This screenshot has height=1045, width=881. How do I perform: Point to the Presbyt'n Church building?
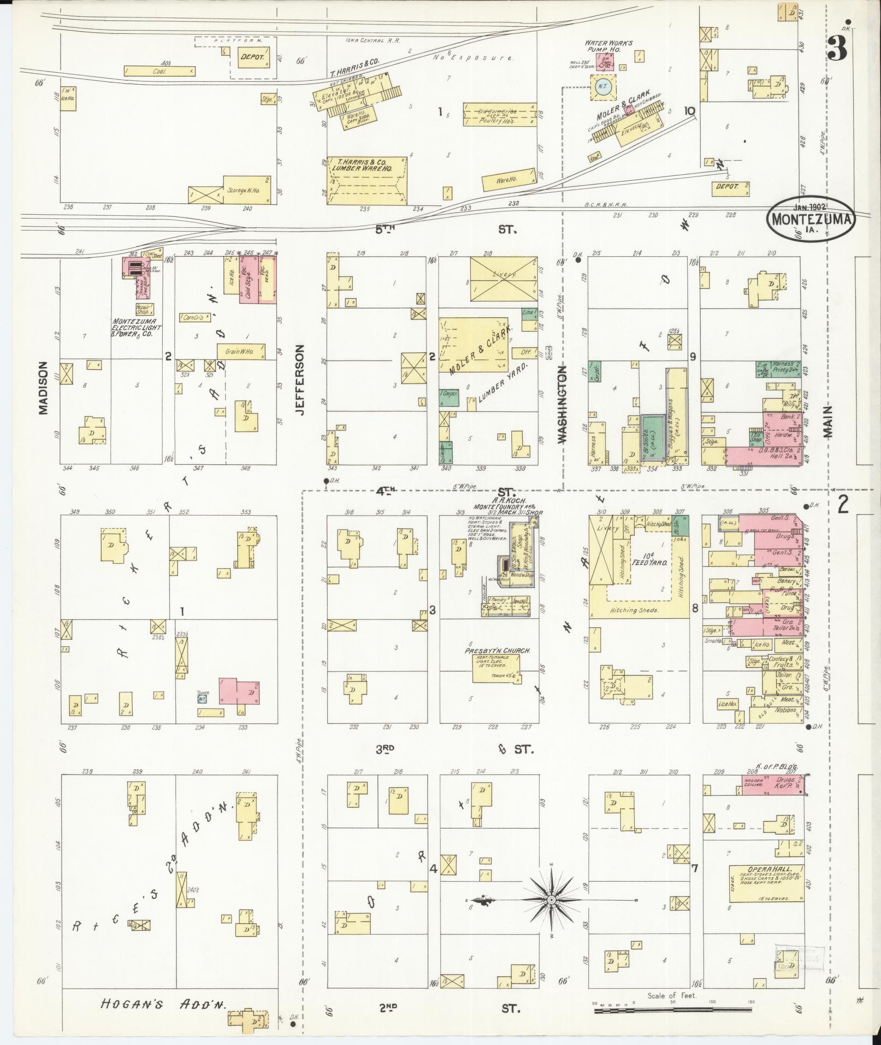click(x=496, y=668)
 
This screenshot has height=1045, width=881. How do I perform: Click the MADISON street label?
click(x=44, y=388)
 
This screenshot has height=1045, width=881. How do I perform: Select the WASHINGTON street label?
click(x=564, y=404)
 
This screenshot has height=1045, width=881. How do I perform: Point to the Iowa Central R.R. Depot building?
click(x=252, y=57)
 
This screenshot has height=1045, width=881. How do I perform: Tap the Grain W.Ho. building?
click(x=241, y=351)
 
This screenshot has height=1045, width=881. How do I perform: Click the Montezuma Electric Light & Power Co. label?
click(x=137, y=327)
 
